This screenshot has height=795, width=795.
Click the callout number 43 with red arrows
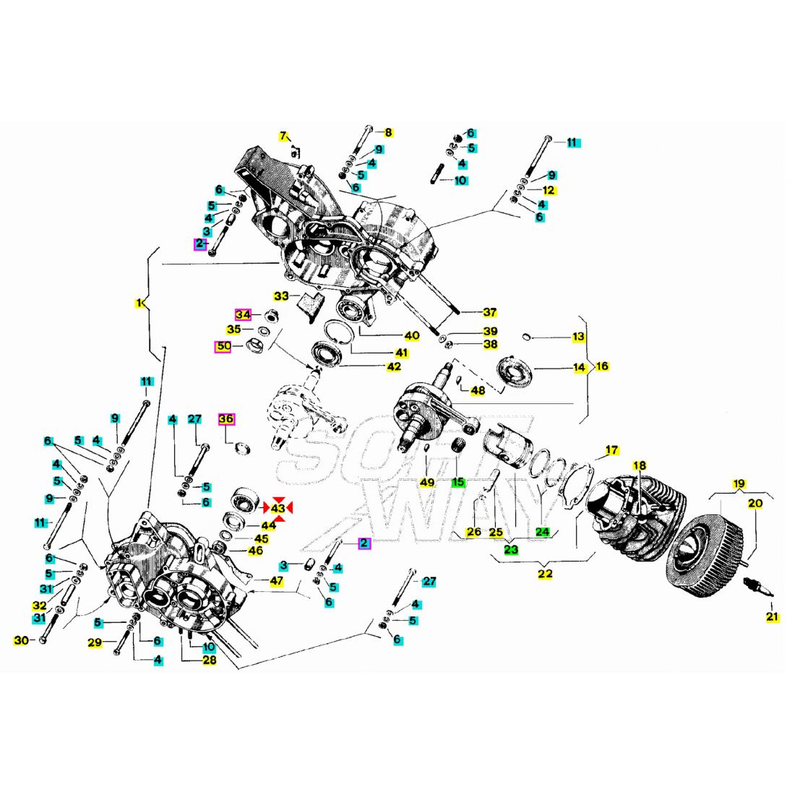pos(278,509)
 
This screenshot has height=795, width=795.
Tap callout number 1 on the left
pos(139,303)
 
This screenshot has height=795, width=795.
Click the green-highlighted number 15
pos(457,482)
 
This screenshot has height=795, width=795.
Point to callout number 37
pos(490,312)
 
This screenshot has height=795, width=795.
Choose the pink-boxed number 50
pos(224,347)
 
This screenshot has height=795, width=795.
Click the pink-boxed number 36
pos(227,419)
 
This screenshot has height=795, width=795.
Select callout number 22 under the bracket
pos(545,574)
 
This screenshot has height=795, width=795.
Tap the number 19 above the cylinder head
pos(738,484)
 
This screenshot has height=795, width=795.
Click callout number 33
pos(281,296)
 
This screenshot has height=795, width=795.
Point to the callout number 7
pos(283,136)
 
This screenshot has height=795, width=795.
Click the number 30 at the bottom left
pos(22,640)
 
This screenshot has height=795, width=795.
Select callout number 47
pos(277,581)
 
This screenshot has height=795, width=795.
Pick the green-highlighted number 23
pos(511,549)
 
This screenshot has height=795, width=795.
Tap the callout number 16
pos(601,366)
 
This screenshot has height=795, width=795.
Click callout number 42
pos(393,367)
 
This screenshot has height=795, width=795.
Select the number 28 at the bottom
pos(209,660)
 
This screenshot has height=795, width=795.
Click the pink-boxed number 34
pos(243,315)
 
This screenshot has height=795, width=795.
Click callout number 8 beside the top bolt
pos(388,132)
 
